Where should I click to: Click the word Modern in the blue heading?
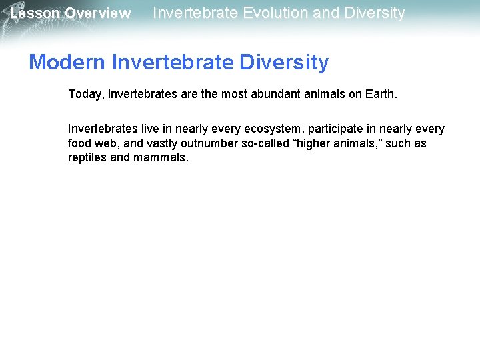coord(67,63)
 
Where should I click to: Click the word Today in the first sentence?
coord(84,95)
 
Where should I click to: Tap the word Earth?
coord(381,95)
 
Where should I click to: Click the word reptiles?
coord(87,158)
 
